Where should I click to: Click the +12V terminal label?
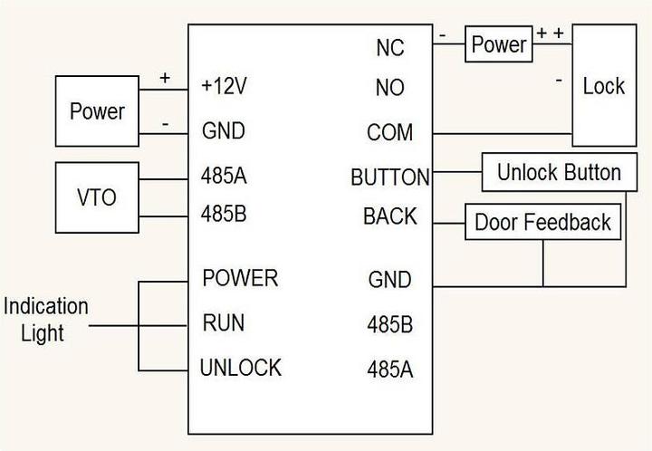point(225,86)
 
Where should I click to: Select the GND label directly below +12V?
point(223,131)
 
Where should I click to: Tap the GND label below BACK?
point(389,280)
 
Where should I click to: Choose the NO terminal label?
point(389,88)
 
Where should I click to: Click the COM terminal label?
point(389,133)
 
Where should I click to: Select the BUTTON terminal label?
point(390,177)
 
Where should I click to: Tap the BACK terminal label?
point(390,216)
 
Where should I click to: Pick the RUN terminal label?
point(224,322)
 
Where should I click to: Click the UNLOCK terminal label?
point(241,368)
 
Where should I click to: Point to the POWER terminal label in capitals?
point(240,276)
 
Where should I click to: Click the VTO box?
point(97,197)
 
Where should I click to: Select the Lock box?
point(603,87)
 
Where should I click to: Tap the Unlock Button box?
point(559,173)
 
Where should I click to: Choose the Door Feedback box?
point(543,222)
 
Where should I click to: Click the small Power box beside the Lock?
point(499,44)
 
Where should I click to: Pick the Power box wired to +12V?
point(97,111)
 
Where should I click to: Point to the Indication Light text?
point(45,320)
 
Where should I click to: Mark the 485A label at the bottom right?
point(389,369)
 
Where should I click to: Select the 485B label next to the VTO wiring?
point(224,216)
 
